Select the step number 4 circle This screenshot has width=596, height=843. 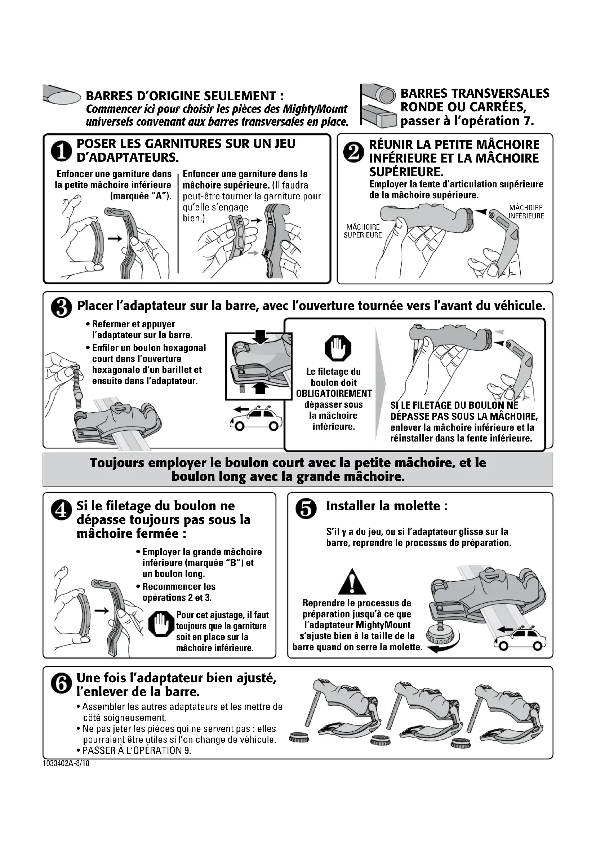click(x=61, y=510)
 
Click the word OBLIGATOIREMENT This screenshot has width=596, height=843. click(x=334, y=394)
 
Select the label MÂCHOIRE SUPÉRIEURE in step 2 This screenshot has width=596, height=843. click(x=363, y=231)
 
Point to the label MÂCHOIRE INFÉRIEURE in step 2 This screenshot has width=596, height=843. click(x=526, y=212)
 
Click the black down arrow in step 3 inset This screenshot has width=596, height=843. click(x=260, y=336)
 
